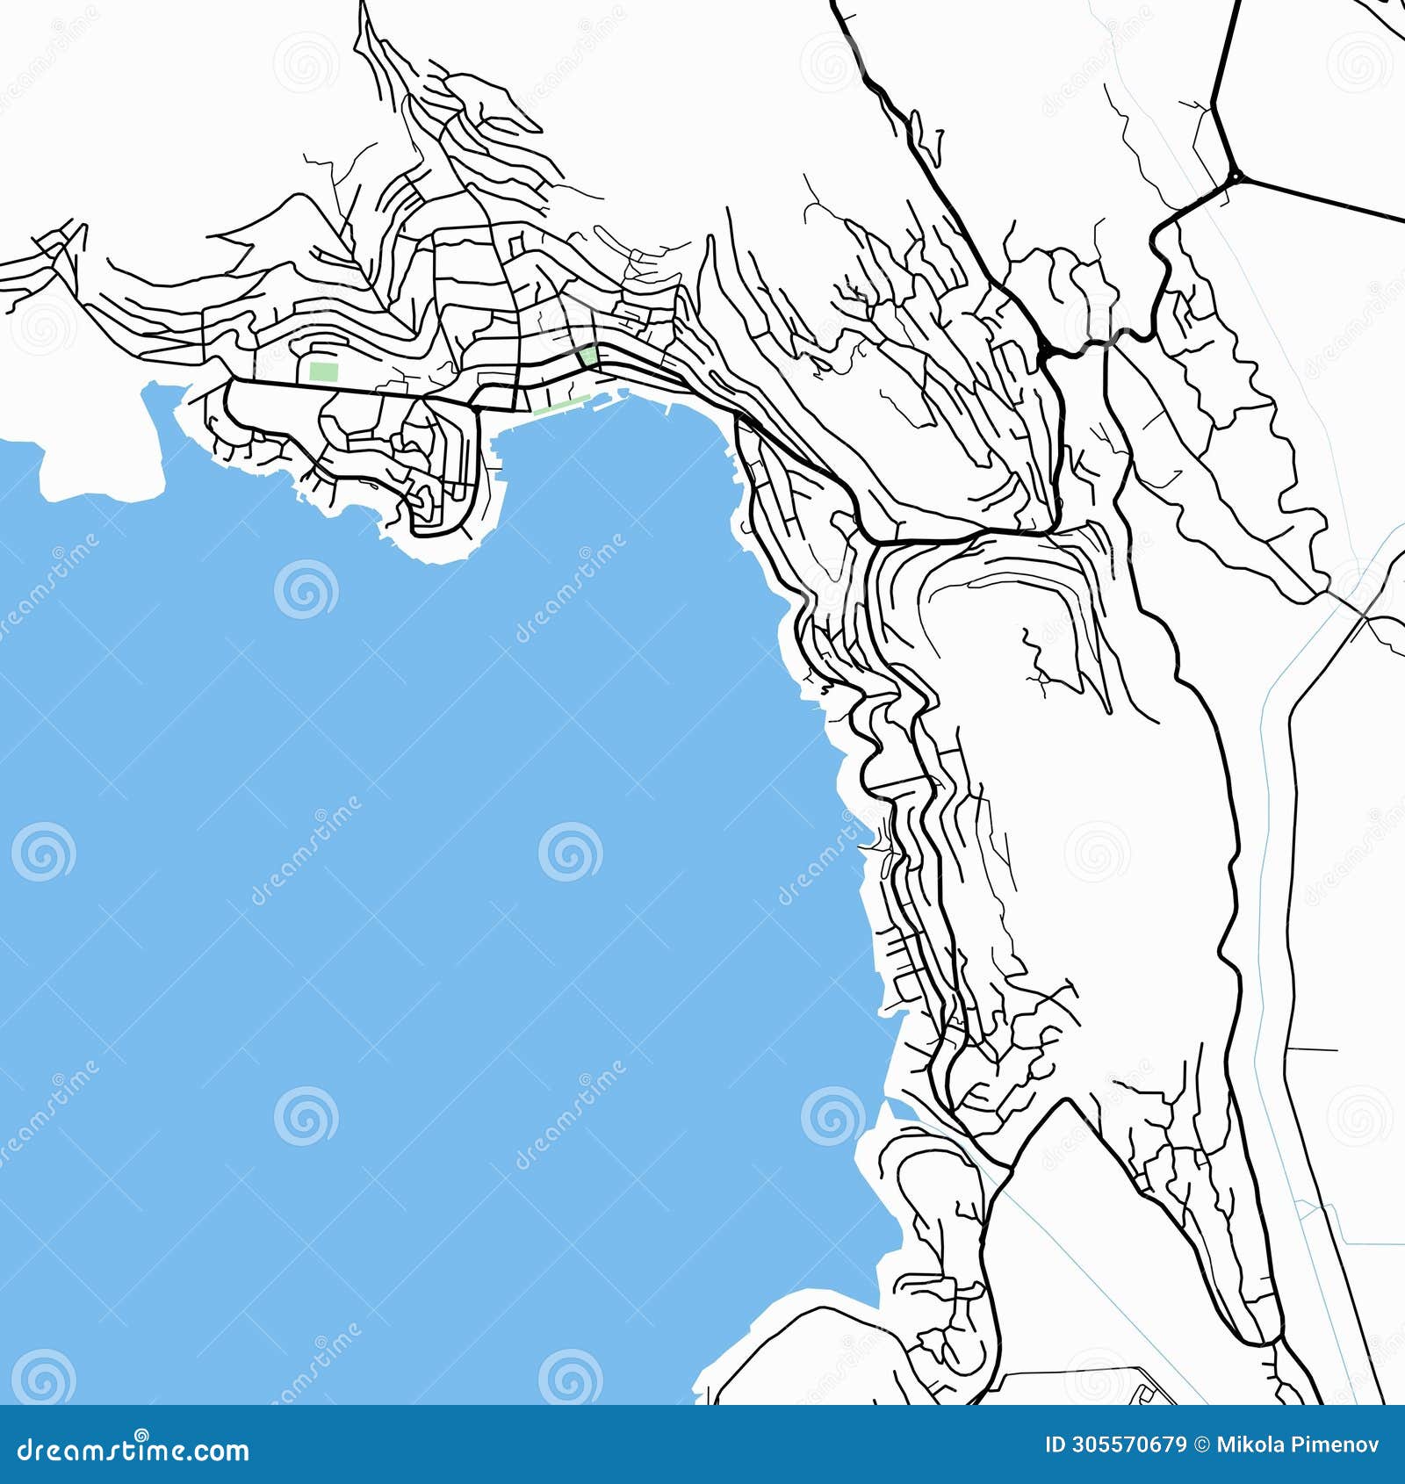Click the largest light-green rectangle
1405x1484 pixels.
(x=323, y=371)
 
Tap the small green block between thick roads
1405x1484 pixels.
(x=587, y=356)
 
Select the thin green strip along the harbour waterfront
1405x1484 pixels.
(x=562, y=407)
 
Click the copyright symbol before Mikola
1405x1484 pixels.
(x=1200, y=1445)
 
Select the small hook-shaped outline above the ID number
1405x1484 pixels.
(x=1142, y=1394)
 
